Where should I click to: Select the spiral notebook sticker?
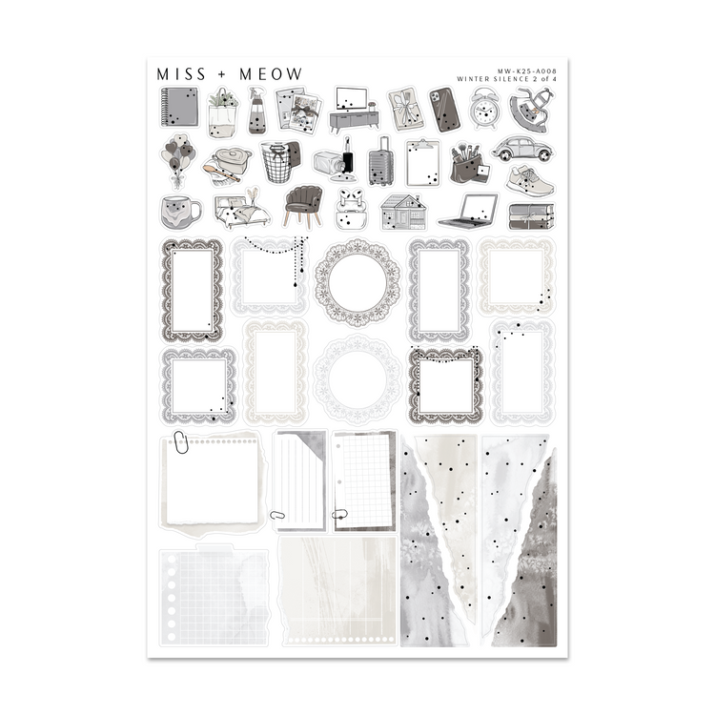click(178, 107)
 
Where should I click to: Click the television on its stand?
click(354, 108)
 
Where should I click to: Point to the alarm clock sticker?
click(486, 109)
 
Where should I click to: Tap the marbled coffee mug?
click(179, 212)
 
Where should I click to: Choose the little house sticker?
click(402, 211)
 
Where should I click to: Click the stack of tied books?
click(531, 215)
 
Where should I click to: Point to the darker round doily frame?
click(351, 283)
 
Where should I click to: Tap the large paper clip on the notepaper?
click(181, 441)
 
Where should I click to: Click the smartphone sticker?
click(444, 110)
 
